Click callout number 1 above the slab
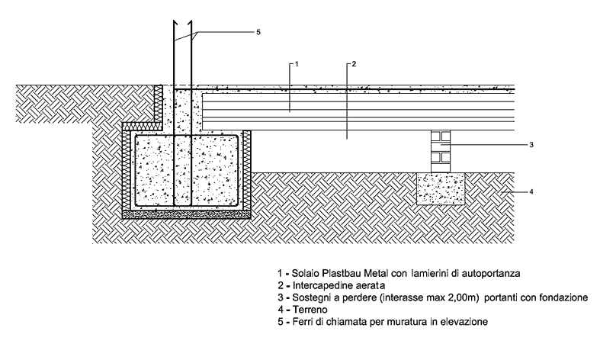[296, 64]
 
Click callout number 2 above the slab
[351, 64]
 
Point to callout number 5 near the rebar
[258, 32]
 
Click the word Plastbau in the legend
[332, 272]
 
